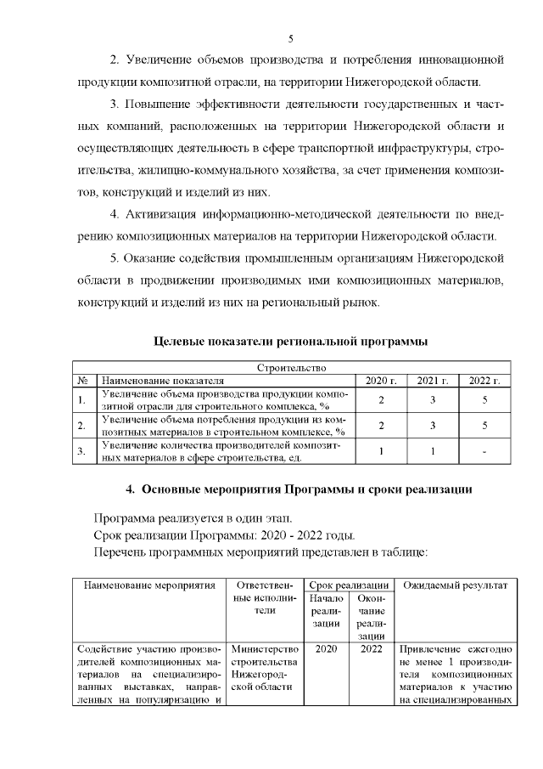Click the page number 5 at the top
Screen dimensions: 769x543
tap(290, 39)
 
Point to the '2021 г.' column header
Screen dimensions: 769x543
tap(433, 381)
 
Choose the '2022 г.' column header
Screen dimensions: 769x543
tap(484, 381)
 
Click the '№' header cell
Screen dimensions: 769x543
tap(83, 381)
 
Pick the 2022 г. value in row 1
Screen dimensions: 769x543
tap(484, 399)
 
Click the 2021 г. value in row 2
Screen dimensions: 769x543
tap(433, 426)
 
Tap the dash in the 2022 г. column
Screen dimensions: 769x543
tap(484, 452)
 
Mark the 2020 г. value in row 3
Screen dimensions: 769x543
tap(381, 452)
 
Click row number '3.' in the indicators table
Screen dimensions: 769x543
tap(81, 452)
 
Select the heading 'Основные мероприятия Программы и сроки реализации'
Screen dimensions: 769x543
tap(299, 490)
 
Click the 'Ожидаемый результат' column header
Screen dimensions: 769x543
tap(455, 585)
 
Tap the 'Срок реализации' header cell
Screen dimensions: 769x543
tap(349, 585)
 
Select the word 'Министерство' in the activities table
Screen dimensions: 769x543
tap(264, 650)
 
